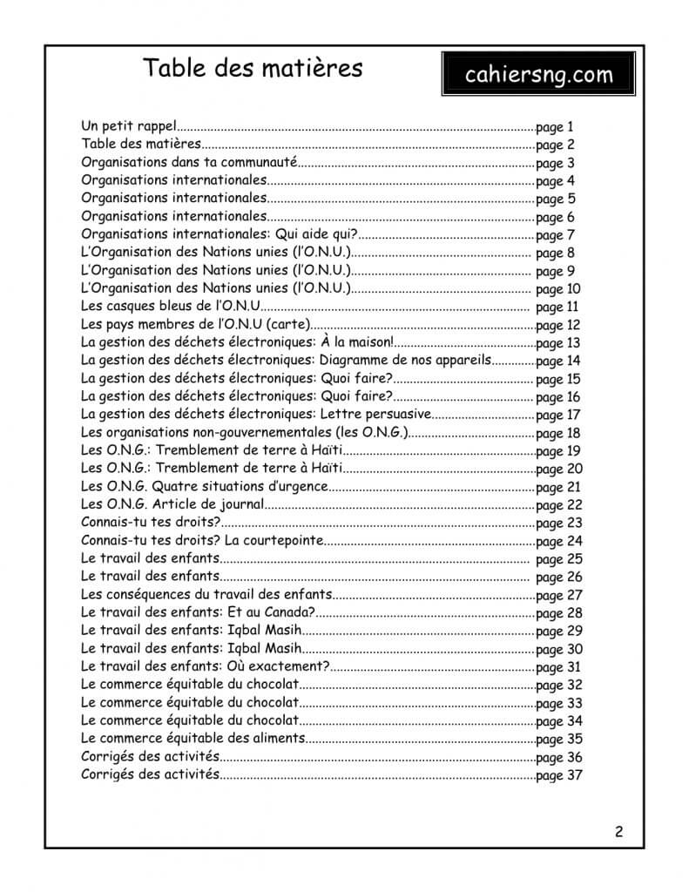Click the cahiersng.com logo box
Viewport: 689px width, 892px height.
[x=538, y=74]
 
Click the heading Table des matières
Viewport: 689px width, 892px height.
[x=253, y=67]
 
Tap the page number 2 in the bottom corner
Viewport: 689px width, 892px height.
[x=618, y=830]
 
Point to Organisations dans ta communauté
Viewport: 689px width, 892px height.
[x=189, y=163]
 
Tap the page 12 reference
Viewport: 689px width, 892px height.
[x=558, y=325]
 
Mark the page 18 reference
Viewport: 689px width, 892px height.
[x=558, y=433]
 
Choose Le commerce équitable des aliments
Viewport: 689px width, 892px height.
[x=193, y=739]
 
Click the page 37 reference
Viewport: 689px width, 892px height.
[x=558, y=775]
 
